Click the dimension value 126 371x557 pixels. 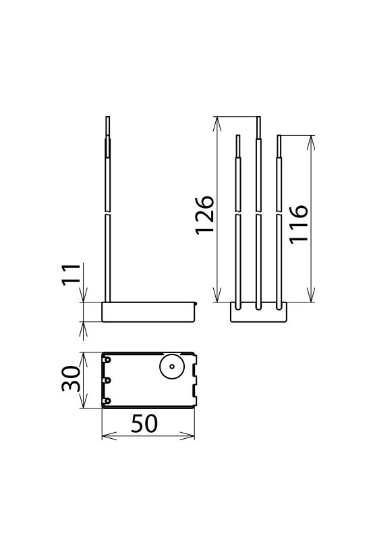coord(205,215)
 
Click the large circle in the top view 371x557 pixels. coord(171,369)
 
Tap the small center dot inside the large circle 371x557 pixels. coord(171,369)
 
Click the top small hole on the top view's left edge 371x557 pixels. coord(107,361)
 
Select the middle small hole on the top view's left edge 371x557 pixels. coord(107,381)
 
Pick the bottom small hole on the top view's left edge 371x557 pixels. coord(107,401)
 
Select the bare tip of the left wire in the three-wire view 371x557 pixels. coord(237,145)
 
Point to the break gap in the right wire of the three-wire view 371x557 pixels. coord(279,215)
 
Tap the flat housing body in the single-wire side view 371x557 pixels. coord(148,313)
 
